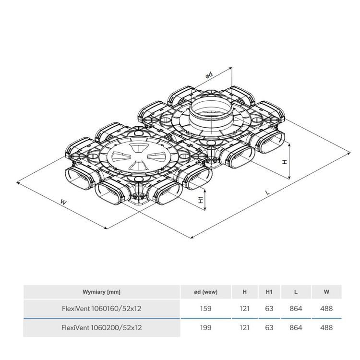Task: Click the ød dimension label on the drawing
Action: [x=209, y=75]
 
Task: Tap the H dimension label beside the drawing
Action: [x=284, y=162]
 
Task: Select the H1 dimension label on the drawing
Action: [x=201, y=198]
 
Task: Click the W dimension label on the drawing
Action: [x=63, y=202]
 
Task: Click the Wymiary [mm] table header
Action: [x=101, y=292]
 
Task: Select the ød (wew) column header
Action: [x=205, y=292]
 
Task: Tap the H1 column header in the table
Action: [x=269, y=292]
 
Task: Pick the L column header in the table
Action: [x=296, y=292]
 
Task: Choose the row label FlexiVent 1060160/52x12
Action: [x=101, y=309]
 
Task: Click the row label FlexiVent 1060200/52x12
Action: [x=101, y=328]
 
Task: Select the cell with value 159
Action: [x=205, y=309]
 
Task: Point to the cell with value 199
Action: [x=205, y=328]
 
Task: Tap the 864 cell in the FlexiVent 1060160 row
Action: [x=296, y=309]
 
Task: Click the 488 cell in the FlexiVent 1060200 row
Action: [x=326, y=328]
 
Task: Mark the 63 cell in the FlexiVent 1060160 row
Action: [x=269, y=309]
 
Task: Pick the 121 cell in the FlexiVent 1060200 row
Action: [x=244, y=328]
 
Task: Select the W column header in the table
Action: [x=326, y=292]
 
